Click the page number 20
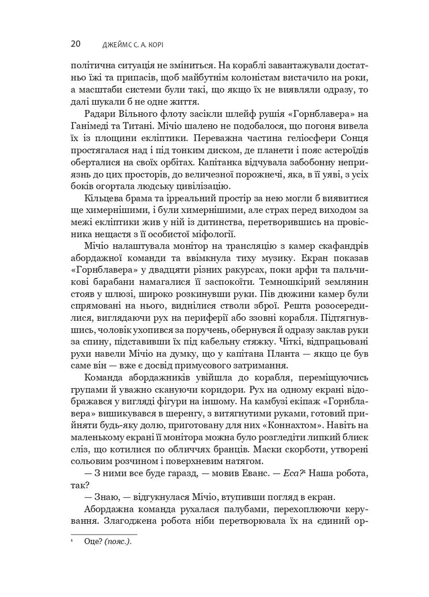[x=76, y=44]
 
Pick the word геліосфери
[x=303, y=137]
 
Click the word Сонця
[x=352, y=137]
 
